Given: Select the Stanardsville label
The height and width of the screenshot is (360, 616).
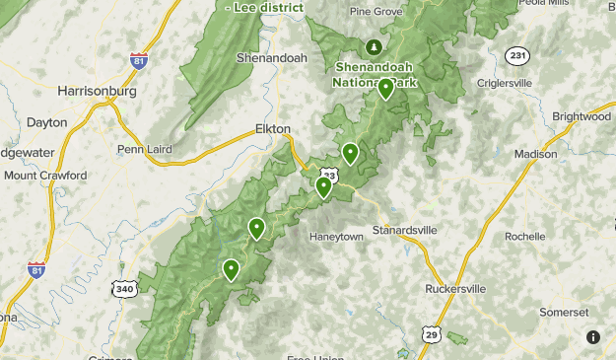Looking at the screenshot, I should (x=404, y=230).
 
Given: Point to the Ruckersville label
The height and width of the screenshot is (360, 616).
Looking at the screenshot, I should (x=455, y=289).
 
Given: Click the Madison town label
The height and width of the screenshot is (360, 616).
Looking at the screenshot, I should (x=535, y=154).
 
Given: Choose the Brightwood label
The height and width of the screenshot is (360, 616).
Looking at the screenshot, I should (x=582, y=116).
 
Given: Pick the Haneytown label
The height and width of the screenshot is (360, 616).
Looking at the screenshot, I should (x=337, y=237).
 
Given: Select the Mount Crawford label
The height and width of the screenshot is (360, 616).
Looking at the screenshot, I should (x=45, y=176).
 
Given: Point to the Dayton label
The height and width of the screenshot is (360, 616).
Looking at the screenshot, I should (x=47, y=122).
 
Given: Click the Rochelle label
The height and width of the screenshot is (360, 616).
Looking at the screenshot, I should (x=524, y=237).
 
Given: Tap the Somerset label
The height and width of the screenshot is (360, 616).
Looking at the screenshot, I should (x=564, y=311).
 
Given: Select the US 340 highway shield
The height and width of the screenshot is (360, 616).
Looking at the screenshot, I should (x=125, y=288).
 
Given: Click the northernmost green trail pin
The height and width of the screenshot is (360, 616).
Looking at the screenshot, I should (x=385, y=89).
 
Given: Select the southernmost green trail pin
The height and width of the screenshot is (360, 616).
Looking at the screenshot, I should (x=232, y=268).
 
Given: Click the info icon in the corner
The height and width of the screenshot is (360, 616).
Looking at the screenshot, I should (x=593, y=337).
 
